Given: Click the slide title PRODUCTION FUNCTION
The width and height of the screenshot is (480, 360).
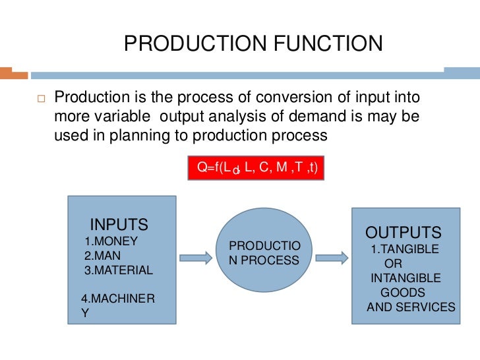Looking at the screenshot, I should click(253, 44).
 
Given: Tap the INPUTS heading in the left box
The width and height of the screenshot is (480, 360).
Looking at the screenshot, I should click(119, 224).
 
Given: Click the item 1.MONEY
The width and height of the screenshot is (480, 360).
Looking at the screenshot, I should click(111, 241).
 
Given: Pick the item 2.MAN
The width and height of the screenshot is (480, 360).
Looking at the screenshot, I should click(102, 255).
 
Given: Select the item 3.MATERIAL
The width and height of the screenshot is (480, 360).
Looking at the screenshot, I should click(118, 270).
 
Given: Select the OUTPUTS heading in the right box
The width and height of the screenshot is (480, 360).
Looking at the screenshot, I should click(404, 233).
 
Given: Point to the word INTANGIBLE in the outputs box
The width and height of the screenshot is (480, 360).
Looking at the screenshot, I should click(405, 278).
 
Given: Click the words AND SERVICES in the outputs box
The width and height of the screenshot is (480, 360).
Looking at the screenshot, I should click(411, 307).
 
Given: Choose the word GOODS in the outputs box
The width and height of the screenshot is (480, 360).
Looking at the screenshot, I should click(403, 292).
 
